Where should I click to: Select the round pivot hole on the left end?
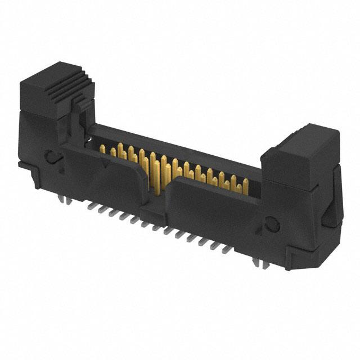[x=52, y=157]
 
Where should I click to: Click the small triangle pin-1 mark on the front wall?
[x=105, y=164]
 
